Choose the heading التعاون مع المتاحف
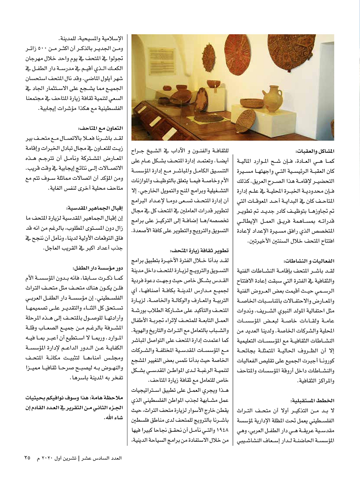point(100,128)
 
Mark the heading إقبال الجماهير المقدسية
point(94,208)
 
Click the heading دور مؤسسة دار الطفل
point(98,268)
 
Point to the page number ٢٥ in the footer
point(27,458)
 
